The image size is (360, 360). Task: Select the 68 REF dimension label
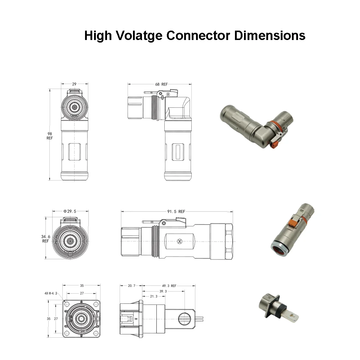click(x=161, y=84)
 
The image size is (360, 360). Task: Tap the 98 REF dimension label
click(x=50, y=136)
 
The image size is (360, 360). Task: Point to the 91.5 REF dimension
click(x=177, y=212)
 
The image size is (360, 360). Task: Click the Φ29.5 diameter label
click(x=70, y=212)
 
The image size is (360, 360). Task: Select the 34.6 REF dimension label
click(x=45, y=239)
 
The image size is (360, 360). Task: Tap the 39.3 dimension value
click(x=163, y=291)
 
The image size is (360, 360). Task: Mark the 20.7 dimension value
click(x=132, y=286)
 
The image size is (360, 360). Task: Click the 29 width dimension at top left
click(x=74, y=84)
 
